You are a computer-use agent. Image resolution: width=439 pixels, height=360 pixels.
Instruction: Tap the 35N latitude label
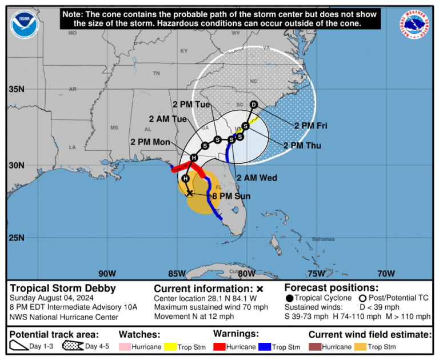[17, 89]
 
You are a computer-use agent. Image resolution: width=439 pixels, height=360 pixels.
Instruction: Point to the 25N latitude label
[17, 238]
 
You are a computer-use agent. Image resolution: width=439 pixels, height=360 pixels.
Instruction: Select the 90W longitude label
[107, 273]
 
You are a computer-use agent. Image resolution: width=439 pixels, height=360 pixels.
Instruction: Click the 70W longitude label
[386, 273]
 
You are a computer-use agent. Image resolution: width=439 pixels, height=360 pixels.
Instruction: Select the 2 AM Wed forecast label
[257, 178]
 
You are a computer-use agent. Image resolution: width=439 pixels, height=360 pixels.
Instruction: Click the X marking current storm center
[190, 193]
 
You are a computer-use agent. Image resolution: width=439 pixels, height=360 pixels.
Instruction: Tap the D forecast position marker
[254, 105]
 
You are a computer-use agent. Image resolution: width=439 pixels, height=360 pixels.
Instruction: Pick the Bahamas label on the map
[323, 239]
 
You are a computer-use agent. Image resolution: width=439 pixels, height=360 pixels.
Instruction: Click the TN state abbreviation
[156, 73]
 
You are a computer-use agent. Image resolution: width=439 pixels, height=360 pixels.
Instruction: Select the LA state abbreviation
[73, 147]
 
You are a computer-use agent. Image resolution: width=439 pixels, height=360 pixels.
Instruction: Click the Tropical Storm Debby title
[63, 289]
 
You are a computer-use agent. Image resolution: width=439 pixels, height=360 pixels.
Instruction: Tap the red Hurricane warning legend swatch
[221, 347]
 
